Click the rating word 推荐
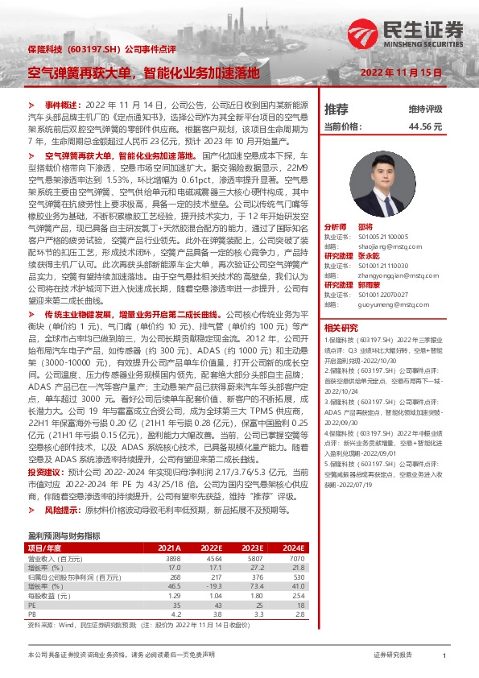(336, 109)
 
